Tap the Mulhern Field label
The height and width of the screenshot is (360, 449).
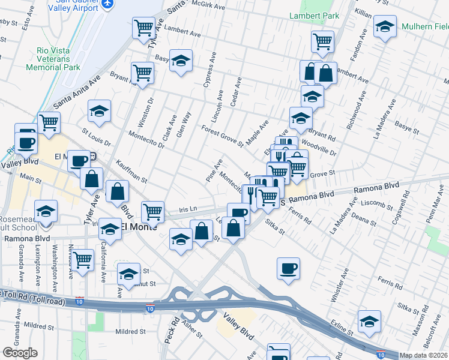(x=423, y=27)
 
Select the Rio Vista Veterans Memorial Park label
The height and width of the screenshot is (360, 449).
(x=53, y=58)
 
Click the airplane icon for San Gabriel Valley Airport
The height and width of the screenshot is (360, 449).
(x=108, y=4)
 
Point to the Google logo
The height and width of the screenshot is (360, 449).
(x=19, y=353)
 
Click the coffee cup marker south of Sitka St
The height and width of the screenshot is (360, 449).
(x=288, y=268)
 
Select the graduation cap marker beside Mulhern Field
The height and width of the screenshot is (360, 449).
(x=385, y=26)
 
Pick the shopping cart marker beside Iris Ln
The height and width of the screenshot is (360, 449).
(x=153, y=211)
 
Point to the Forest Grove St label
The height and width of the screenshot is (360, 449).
(x=222, y=136)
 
